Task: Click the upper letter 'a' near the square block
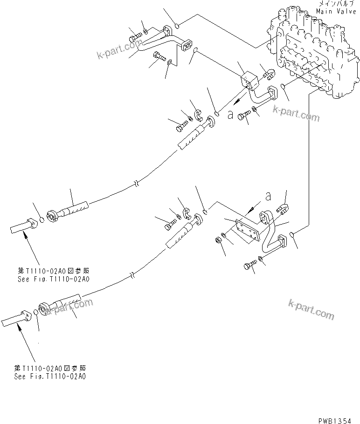coord(230,115)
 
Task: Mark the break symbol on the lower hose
coord(133,275)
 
